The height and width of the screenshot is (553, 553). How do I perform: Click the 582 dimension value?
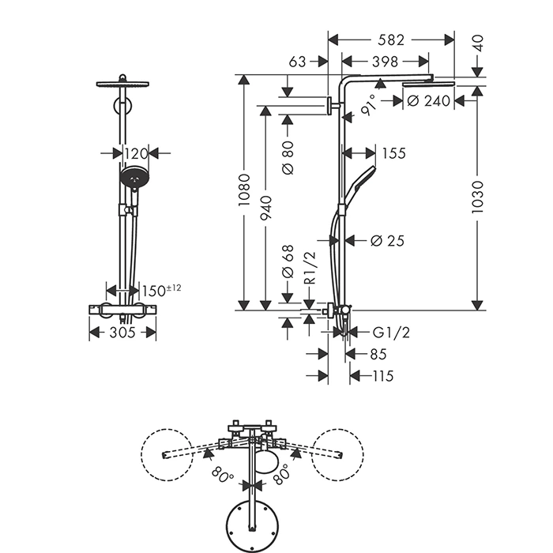(392, 39)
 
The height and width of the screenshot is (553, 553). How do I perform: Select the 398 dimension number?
(385, 62)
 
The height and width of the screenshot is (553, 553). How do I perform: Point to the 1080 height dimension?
(245, 190)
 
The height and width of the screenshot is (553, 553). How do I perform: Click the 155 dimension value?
(393, 153)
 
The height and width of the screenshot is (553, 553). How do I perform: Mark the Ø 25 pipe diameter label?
(387, 240)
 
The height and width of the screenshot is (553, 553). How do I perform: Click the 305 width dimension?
(122, 333)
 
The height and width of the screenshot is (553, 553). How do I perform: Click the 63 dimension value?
(298, 62)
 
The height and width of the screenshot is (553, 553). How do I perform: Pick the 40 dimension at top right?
(477, 42)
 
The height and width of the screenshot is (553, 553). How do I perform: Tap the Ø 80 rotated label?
(288, 157)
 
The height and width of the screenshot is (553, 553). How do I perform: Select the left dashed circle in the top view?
(167, 453)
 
